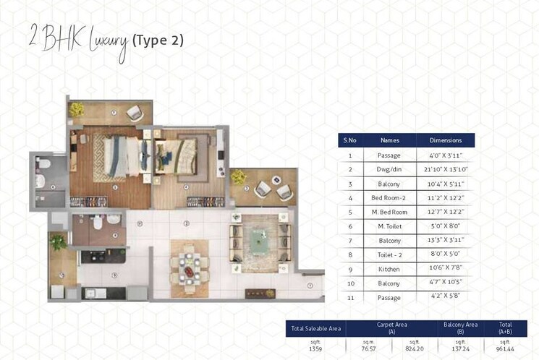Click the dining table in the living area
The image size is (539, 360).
[x=190, y=262]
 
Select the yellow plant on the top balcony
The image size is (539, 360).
[x=77, y=110]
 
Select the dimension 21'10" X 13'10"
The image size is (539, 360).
[x=445, y=169]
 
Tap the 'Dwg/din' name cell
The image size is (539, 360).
[x=389, y=169]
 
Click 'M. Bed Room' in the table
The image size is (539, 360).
[x=389, y=212]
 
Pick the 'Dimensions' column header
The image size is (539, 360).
[x=445, y=140]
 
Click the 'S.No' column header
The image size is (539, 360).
[x=350, y=140]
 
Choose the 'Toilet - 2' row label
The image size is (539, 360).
[x=389, y=254]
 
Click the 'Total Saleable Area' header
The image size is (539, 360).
[x=315, y=329]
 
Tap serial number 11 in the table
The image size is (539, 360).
[x=350, y=296]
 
